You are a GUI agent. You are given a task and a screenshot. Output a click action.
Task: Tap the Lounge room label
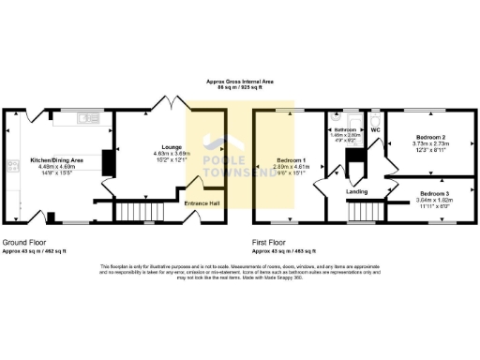156,149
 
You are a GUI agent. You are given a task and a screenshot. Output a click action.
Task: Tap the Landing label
356,192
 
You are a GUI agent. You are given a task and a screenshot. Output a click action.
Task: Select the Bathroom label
345,129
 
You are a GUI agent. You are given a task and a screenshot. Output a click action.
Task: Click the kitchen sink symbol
87,118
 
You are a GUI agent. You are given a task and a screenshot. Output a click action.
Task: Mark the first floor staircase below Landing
361,214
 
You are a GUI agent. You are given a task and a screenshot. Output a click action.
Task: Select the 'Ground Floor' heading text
22,241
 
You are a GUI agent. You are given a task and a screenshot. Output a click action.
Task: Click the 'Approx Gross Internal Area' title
240,82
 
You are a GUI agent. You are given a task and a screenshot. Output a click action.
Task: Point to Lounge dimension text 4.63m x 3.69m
156,156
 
